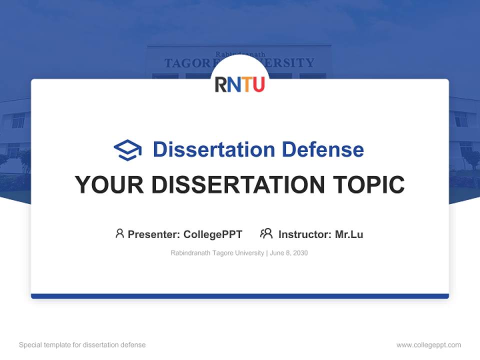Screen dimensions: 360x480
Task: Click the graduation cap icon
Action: pos(127,149)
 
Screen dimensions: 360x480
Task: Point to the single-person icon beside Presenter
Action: pos(119,233)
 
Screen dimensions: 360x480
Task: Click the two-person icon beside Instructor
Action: pos(266,233)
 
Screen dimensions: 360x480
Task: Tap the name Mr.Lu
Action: pos(349,234)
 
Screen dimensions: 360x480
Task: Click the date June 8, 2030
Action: pos(289,253)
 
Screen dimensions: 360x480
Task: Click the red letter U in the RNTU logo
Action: pos(258,84)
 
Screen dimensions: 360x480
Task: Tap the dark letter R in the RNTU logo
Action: pos(221,84)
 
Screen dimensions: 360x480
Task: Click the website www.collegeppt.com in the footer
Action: pos(428,345)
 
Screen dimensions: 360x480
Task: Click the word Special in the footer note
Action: pos(30,345)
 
